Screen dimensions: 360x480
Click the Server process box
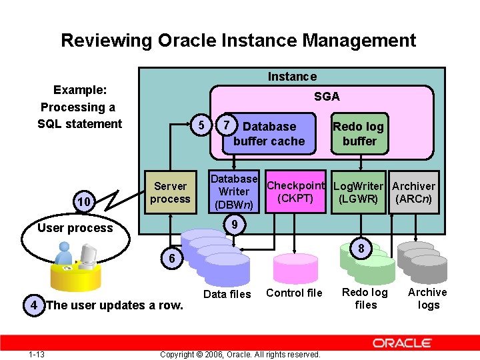tap(170, 193)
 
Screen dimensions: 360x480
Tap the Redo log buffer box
tap(359, 133)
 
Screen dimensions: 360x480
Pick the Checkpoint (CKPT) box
tap(295, 192)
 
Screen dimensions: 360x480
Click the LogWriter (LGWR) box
tap(358, 192)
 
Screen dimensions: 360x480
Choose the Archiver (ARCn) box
tap(413, 192)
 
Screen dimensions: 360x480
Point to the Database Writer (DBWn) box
tap(234, 191)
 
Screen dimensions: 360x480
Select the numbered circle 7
tap(227, 125)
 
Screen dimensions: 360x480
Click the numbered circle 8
tap(361, 249)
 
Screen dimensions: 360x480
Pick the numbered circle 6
tap(171, 259)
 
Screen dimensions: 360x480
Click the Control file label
tap(294, 293)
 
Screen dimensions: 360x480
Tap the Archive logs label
tap(427, 299)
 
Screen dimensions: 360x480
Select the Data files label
tap(227, 294)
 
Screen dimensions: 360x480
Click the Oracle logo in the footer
tap(403, 343)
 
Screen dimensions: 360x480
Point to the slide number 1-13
tap(36, 354)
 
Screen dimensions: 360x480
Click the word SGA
tap(327, 97)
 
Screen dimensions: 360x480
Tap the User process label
tap(75, 228)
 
